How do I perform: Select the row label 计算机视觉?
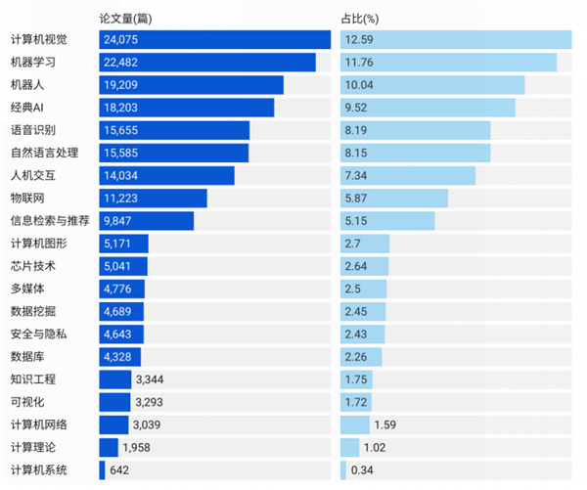click(x=39, y=40)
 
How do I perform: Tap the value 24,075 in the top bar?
click(x=122, y=40)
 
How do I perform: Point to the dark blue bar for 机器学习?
click(x=207, y=63)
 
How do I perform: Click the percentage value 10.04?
click(x=359, y=85)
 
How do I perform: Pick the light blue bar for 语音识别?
click(x=416, y=130)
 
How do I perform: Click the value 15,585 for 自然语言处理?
click(x=122, y=153)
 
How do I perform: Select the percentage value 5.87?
click(x=356, y=199)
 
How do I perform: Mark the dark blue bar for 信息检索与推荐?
click(x=147, y=221)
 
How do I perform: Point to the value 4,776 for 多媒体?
click(x=119, y=289)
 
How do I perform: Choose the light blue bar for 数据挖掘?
click(x=363, y=311)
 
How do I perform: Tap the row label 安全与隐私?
click(x=39, y=334)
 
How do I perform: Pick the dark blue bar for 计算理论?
click(x=109, y=447)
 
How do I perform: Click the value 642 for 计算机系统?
click(x=120, y=469)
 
